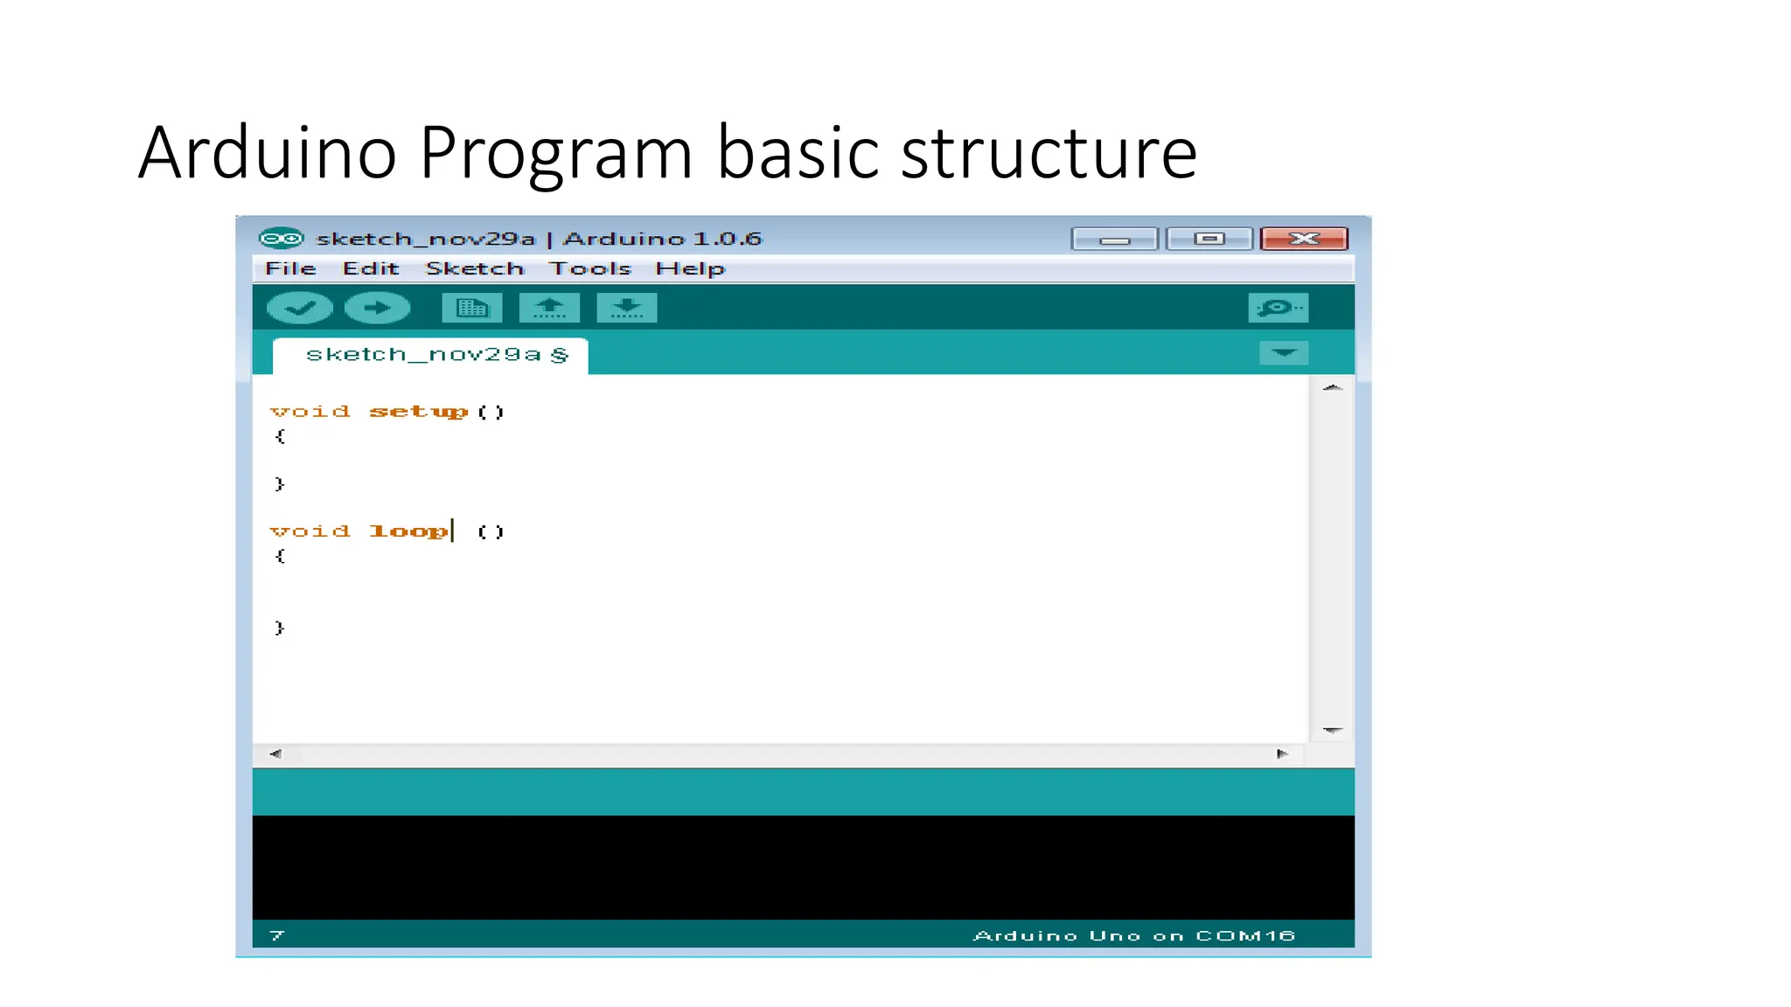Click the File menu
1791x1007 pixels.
(x=290, y=268)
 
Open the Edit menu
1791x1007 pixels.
(x=371, y=268)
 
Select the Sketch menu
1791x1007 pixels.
(x=474, y=268)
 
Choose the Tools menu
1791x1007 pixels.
(x=589, y=268)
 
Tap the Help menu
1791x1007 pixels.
(x=690, y=268)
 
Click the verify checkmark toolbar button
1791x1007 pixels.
(x=299, y=308)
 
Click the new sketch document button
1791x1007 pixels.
(x=472, y=308)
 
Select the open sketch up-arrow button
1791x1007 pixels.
(x=549, y=308)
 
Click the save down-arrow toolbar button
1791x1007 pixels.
(x=626, y=308)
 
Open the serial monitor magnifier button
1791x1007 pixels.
(x=1278, y=308)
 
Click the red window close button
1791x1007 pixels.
(x=1304, y=239)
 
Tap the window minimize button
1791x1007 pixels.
(x=1114, y=239)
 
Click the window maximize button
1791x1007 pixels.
(x=1209, y=239)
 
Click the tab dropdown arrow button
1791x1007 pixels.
(x=1283, y=353)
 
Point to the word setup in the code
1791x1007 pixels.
(x=418, y=412)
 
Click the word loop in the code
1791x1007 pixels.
(x=408, y=531)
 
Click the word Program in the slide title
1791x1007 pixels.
(x=556, y=153)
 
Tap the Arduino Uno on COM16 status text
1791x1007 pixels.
(x=1133, y=935)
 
